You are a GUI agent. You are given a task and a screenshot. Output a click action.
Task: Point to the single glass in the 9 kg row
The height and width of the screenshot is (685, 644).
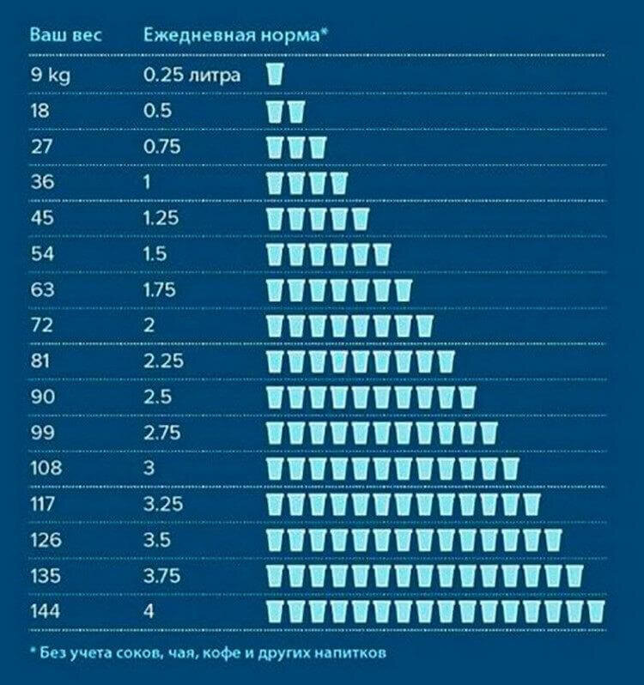(275, 74)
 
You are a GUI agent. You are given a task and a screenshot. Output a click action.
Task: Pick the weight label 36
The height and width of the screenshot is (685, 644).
(43, 182)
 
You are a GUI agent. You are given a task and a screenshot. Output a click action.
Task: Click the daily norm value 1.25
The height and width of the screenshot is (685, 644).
(162, 218)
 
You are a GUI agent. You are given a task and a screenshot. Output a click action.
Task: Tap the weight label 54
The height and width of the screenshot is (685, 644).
(43, 254)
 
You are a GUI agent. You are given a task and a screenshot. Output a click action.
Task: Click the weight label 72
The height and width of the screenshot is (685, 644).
(42, 325)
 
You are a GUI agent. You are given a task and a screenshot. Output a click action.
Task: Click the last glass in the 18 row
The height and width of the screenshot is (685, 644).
(296, 111)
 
